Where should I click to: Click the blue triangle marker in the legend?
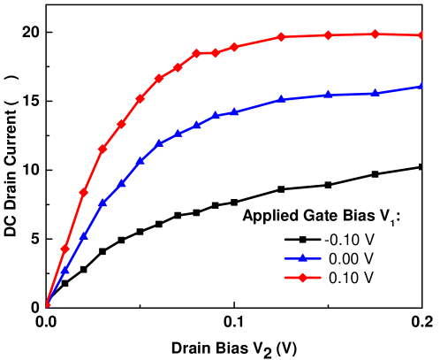[302, 258]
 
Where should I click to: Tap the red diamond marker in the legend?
[302, 278]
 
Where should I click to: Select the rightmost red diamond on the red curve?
[422, 35]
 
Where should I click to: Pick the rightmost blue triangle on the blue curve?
[422, 86]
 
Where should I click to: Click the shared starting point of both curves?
[47, 305]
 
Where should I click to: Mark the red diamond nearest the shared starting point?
[64, 249]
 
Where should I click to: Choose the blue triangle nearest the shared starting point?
[64, 270]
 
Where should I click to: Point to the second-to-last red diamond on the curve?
[376, 34]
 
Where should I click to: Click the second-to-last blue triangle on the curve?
[376, 92]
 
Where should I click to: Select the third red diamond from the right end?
[329, 34]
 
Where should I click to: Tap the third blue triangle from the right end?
[329, 95]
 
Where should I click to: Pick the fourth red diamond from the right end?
[281, 36]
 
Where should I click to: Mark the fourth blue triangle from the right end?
[281, 99]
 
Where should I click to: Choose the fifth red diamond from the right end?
[234, 46]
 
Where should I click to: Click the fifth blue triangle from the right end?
[234, 112]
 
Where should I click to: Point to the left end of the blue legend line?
[284, 259]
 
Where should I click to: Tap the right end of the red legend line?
[321, 278]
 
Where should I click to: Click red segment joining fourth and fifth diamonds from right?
[257, 41]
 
